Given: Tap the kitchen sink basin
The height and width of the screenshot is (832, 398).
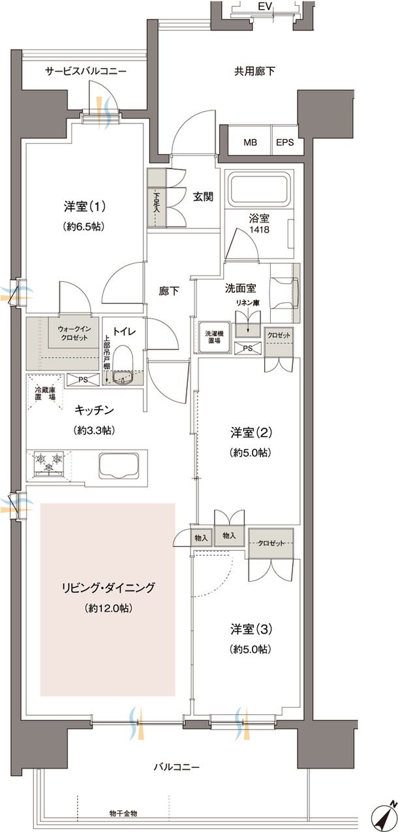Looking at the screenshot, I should pos(117,466).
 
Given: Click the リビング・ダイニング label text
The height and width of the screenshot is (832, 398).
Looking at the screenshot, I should pos(108,588).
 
